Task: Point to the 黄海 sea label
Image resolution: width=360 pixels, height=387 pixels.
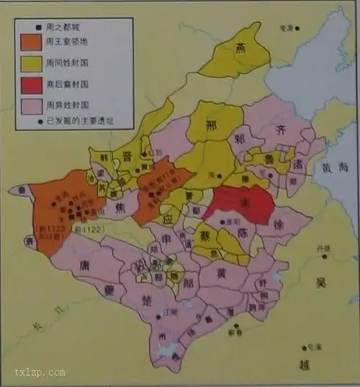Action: pos(336,169)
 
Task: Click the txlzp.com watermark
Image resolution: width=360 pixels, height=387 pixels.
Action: pos(40,372)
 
